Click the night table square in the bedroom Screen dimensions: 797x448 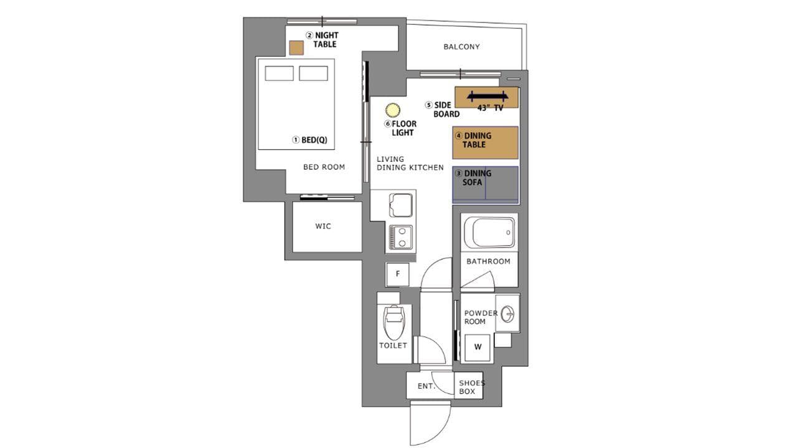(296, 48)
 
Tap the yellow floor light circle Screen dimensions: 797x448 (392, 110)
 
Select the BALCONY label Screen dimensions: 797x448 (461, 47)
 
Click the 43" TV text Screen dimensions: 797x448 (490, 108)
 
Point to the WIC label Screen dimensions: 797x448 (323, 226)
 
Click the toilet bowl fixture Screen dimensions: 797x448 (394, 322)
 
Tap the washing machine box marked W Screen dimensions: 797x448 (478, 347)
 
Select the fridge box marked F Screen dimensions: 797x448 (398, 274)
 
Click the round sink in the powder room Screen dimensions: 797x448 (507, 314)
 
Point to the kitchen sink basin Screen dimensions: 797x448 (401, 205)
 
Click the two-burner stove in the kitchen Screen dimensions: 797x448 (401, 237)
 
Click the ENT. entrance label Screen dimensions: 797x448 (426, 386)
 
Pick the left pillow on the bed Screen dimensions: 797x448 (280, 73)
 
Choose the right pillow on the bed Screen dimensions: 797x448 (313, 73)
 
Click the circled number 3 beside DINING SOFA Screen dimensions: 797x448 (459, 174)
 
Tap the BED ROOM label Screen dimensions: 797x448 (324, 167)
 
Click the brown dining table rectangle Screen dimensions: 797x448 (485, 142)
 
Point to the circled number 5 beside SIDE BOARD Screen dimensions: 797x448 (429, 105)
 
